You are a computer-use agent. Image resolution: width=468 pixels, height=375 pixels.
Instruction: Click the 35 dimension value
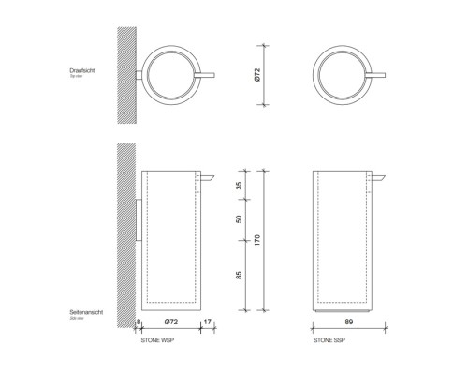coord(240,186)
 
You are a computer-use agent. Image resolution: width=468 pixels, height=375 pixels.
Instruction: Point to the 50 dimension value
coord(240,219)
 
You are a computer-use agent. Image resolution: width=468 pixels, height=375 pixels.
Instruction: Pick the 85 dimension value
coord(240,276)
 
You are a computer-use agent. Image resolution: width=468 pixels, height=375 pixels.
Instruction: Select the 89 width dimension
coord(348,322)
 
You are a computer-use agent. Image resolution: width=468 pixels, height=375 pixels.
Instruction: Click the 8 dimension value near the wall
coord(137,322)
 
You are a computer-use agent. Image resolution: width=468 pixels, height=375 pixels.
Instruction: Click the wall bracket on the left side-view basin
coord(138,219)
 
